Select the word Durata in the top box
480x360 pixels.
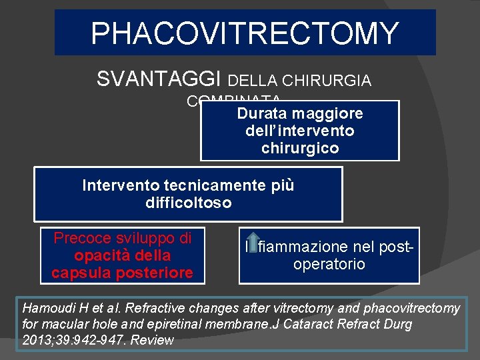tap(260, 113)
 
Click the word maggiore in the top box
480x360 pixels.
tap(325, 113)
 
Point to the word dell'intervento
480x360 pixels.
tap(299, 131)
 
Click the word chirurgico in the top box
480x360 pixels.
tap(299, 147)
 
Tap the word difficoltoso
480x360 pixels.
tap(188, 203)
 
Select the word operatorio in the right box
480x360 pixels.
tap(329, 264)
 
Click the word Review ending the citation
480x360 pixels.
tap(153, 340)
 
